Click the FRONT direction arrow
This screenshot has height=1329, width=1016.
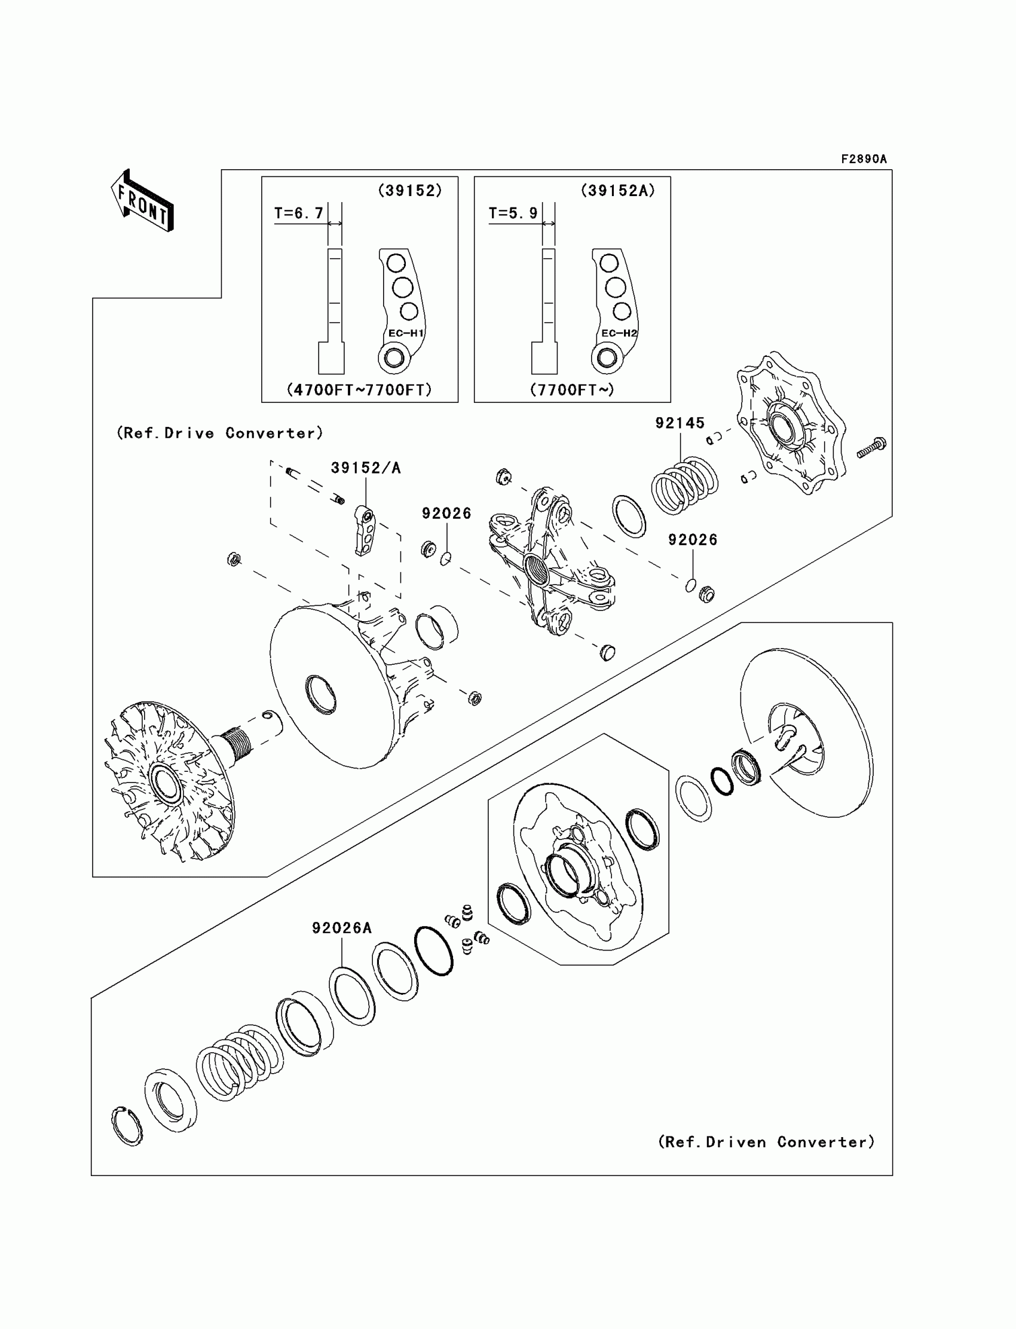point(142,201)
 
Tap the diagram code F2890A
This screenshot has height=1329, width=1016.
point(863,159)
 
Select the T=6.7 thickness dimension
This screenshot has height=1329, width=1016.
point(299,213)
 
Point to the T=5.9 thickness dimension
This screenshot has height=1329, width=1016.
point(513,213)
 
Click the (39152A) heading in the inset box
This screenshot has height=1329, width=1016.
point(617,191)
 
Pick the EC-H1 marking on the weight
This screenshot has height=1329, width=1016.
point(406,334)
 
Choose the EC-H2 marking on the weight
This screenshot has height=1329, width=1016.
point(619,334)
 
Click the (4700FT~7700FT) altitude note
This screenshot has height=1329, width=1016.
point(359,390)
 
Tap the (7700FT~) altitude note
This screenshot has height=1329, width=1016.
point(572,390)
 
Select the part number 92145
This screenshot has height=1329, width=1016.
point(680,423)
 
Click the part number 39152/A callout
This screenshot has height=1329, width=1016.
point(365,468)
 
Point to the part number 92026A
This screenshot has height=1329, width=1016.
point(342,928)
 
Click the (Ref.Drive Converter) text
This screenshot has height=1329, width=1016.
point(219,433)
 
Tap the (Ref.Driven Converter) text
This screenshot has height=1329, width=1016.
point(766,1142)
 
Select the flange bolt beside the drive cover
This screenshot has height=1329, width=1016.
point(872,448)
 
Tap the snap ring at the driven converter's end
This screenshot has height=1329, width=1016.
point(127,1126)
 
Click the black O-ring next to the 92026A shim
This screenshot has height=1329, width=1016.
point(434,951)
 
